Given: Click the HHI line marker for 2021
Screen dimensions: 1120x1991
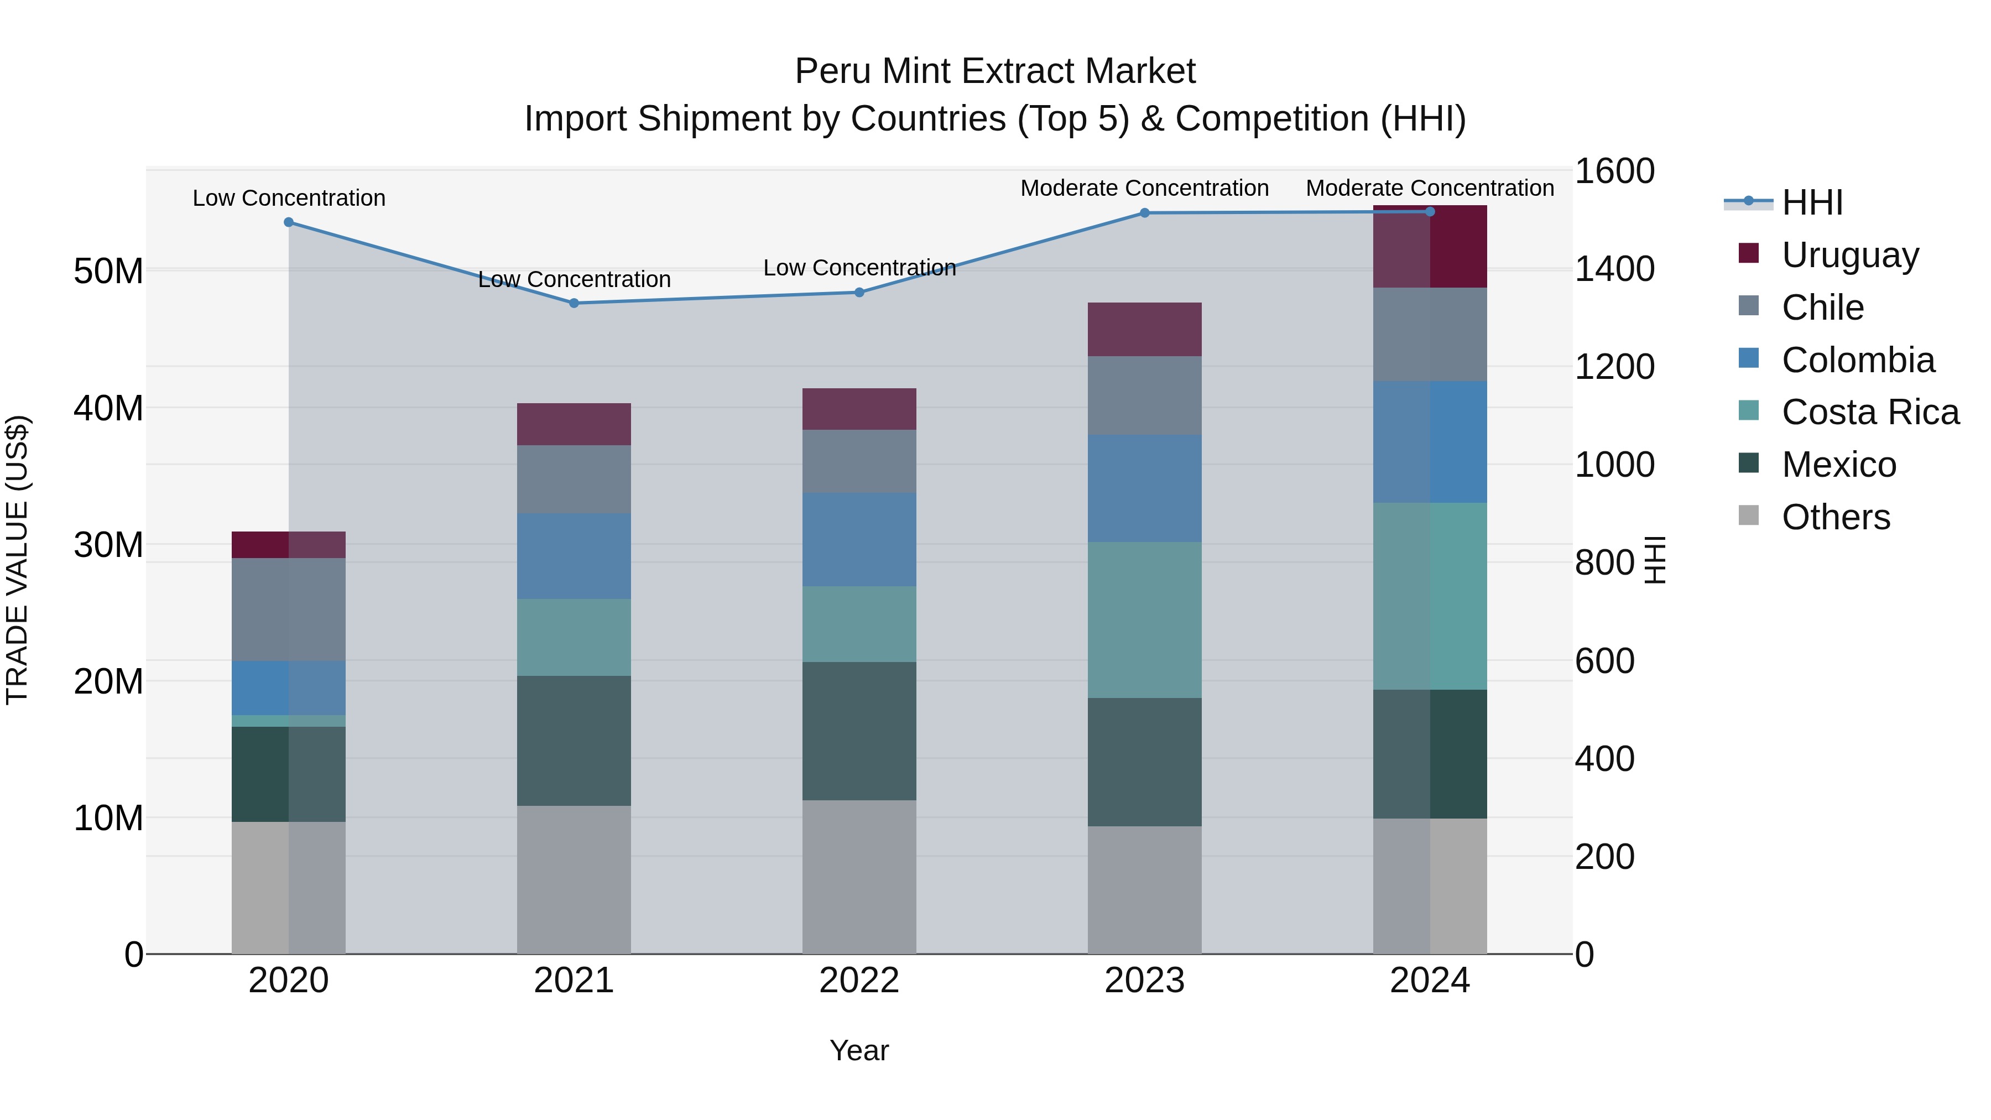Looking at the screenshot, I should point(574,303).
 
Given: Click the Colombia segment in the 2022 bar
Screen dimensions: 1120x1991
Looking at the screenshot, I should point(859,539).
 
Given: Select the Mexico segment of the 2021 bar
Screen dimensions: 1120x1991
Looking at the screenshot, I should point(574,741).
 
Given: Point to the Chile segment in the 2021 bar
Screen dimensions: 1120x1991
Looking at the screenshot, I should point(574,478).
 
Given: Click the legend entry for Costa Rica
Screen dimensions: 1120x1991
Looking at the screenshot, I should point(1870,412).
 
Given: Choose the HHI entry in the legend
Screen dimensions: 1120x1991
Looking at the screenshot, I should point(1812,202).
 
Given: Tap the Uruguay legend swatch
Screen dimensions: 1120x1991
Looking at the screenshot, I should point(1748,253).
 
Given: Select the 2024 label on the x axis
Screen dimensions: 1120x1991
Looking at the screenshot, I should point(1429,981).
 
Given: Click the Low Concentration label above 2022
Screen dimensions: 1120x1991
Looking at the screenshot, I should point(859,268).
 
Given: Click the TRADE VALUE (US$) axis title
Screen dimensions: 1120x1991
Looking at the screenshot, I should point(18,560).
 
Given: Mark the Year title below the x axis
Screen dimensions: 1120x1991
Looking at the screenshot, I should point(859,1050).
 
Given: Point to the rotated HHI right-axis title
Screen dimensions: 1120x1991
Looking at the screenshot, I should point(1655,560).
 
